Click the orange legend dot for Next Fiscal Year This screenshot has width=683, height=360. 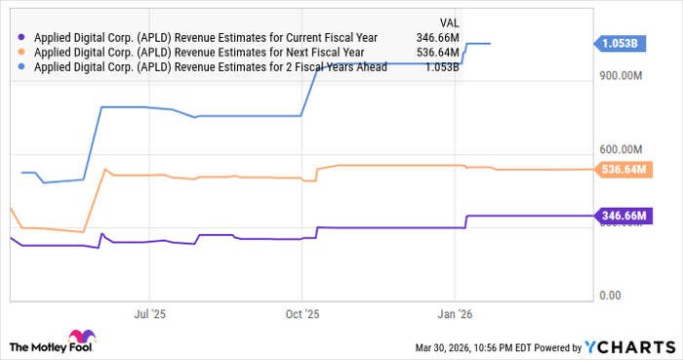(x=22, y=54)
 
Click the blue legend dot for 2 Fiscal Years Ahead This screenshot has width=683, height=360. (x=22, y=67)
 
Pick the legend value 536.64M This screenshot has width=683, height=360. (x=436, y=54)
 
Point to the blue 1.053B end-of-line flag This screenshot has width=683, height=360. (x=623, y=43)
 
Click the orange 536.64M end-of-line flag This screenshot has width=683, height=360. (x=625, y=169)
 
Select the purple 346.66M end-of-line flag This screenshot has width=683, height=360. (x=625, y=216)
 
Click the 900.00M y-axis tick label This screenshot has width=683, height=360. (x=623, y=75)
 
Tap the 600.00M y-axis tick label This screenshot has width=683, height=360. (x=623, y=148)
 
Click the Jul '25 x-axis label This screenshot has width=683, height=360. (x=148, y=315)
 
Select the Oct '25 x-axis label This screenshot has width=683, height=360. (x=302, y=315)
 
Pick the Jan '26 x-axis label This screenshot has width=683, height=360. (x=456, y=315)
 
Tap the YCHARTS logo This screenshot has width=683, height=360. (x=629, y=347)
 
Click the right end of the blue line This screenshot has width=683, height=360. (x=490, y=43)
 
